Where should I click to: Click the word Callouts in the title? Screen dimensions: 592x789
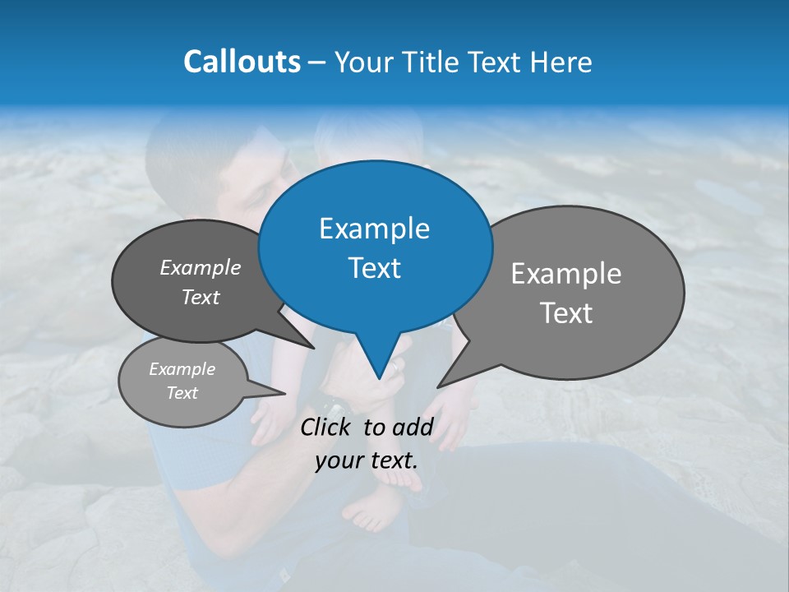[x=242, y=62]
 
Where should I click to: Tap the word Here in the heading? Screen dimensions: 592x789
[x=561, y=62]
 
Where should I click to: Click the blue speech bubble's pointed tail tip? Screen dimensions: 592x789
[x=379, y=378]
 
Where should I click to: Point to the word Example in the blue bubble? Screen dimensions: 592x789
[x=374, y=229]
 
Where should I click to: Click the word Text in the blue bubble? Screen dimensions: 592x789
[x=374, y=268]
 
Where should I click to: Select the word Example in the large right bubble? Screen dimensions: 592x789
[x=566, y=274]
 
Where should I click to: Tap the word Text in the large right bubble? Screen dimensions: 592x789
[x=566, y=313]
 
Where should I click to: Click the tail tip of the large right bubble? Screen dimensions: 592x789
[x=439, y=386]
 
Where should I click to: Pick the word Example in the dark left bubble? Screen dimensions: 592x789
[x=201, y=268]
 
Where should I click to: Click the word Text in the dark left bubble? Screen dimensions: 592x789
[x=201, y=297]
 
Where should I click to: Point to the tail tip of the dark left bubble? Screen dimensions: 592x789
[x=313, y=348]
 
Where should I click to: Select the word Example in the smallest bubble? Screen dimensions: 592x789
[x=182, y=369]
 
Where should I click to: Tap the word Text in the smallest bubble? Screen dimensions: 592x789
[x=182, y=393]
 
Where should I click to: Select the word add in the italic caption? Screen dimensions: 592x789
[x=413, y=427]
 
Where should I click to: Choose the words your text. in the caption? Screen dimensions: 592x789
[x=367, y=460]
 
